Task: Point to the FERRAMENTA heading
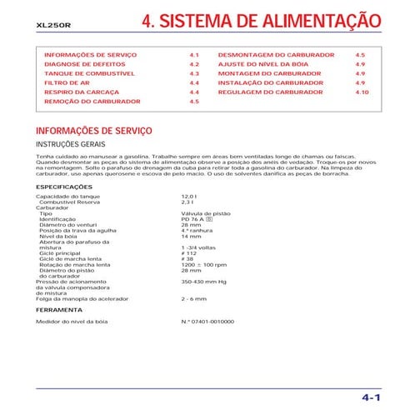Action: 59,308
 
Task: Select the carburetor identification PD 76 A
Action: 195,219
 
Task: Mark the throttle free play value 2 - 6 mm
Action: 193,297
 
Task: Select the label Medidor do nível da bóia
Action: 72,321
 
